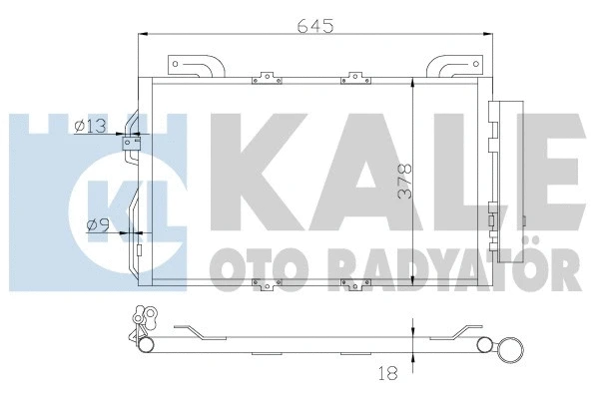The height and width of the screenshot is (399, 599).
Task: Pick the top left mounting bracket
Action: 196,68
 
